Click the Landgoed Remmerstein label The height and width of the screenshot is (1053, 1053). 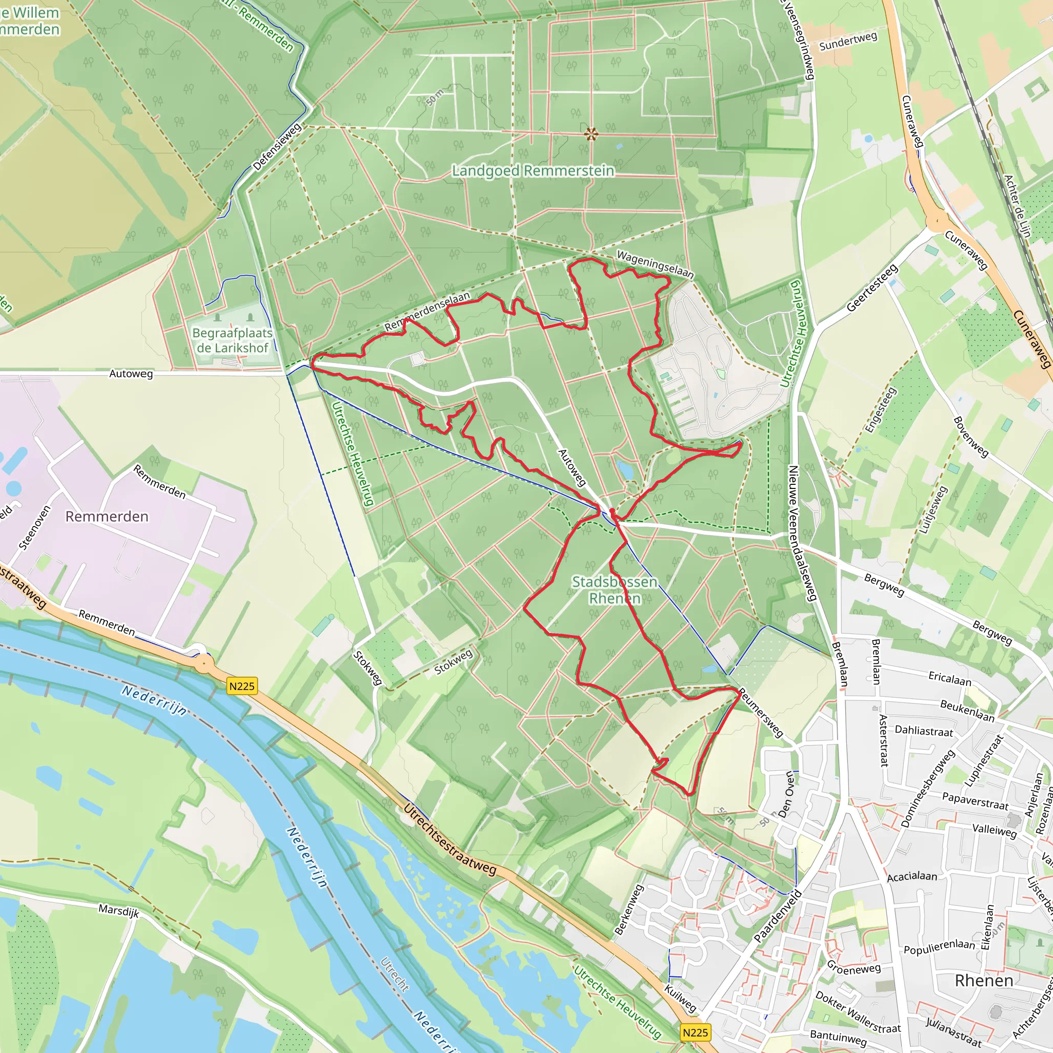[x=533, y=171]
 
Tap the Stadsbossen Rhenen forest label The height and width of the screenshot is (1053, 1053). [x=614, y=590]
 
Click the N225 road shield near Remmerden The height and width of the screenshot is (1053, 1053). [x=242, y=686]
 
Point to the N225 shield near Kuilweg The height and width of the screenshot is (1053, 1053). [x=696, y=1032]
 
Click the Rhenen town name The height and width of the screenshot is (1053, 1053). [x=984, y=981]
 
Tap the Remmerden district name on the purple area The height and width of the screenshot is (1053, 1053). [x=107, y=516]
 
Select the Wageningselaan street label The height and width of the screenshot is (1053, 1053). [x=655, y=264]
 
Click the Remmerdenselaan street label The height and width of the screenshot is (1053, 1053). [x=427, y=312]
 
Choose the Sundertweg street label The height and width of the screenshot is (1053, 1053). [x=848, y=41]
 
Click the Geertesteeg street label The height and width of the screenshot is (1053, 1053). [x=872, y=288]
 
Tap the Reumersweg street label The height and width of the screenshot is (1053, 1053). [x=760, y=713]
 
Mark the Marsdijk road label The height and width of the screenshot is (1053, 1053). [x=118, y=910]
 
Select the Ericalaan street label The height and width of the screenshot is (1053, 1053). [x=950, y=678]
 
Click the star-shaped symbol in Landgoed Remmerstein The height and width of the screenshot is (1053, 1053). [x=591, y=133]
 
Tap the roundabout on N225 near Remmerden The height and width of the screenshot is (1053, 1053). [x=204, y=663]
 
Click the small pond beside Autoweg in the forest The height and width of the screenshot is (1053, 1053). [x=625, y=469]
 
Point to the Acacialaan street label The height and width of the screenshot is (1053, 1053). [x=912, y=877]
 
